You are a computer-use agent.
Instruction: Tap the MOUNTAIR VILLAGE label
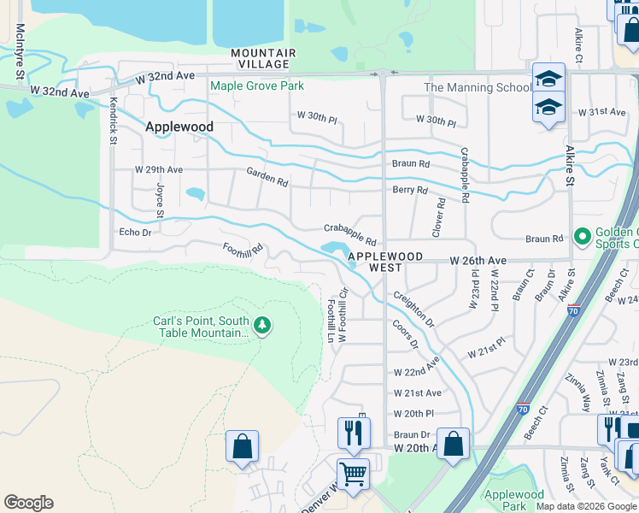click(x=263, y=58)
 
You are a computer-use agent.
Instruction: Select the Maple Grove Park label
click(x=257, y=85)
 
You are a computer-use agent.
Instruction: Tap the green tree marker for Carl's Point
click(x=262, y=324)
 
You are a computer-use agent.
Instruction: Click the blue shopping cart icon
click(x=353, y=473)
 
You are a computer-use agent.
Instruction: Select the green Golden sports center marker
click(x=583, y=235)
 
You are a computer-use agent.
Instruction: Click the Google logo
click(x=28, y=503)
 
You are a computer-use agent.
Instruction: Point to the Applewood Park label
click(x=513, y=500)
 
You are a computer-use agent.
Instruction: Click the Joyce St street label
click(x=159, y=199)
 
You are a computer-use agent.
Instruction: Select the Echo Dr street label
click(x=135, y=232)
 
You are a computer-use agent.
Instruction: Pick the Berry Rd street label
click(x=409, y=190)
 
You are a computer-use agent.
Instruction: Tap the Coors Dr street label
click(x=406, y=335)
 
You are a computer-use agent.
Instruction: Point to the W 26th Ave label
click(x=479, y=260)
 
